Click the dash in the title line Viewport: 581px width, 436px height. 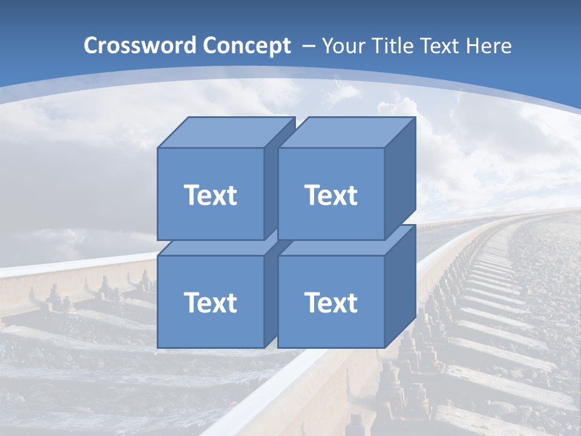coord(307,46)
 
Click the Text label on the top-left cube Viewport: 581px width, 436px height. coord(210,195)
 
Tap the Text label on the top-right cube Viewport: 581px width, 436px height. coord(330,195)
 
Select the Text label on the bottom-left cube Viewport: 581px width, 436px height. coord(210,302)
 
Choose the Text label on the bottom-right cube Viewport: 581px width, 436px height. coord(330,302)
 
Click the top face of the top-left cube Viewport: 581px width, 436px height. coord(224,133)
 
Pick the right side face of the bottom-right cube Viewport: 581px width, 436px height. coord(400,288)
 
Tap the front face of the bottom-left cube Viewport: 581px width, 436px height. coord(210,327)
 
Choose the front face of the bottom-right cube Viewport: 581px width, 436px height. coord(330,327)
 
